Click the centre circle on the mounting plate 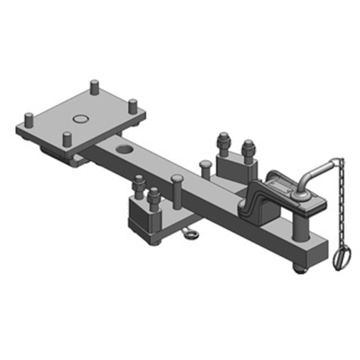click(80, 119)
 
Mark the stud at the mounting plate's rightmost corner click(133, 106)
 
